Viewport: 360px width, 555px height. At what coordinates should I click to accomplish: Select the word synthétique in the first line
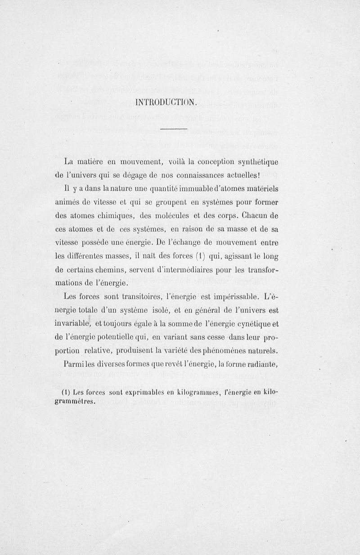[253, 162]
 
